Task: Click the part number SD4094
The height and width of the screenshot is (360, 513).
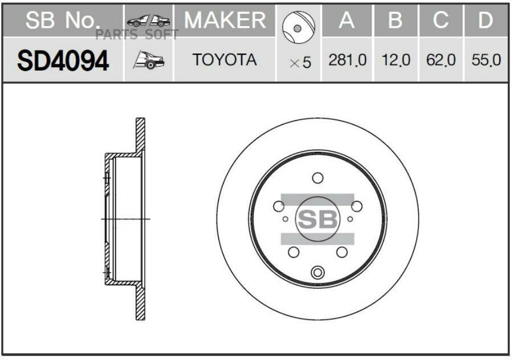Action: click(x=63, y=61)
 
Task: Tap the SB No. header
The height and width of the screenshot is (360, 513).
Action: click(x=62, y=21)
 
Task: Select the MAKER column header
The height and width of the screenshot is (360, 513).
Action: click(x=225, y=21)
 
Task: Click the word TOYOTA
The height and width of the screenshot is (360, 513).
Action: click(x=225, y=60)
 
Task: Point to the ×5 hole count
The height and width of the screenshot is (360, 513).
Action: click(x=300, y=63)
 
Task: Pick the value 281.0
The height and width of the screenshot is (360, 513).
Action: click(x=347, y=60)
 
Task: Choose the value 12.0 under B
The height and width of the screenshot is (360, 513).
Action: click(x=396, y=60)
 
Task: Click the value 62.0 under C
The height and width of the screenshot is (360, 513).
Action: click(x=441, y=60)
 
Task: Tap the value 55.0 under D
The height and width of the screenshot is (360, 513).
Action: click(x=486, y=60)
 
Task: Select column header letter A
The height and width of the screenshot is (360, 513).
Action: click(x=347, y=21)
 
